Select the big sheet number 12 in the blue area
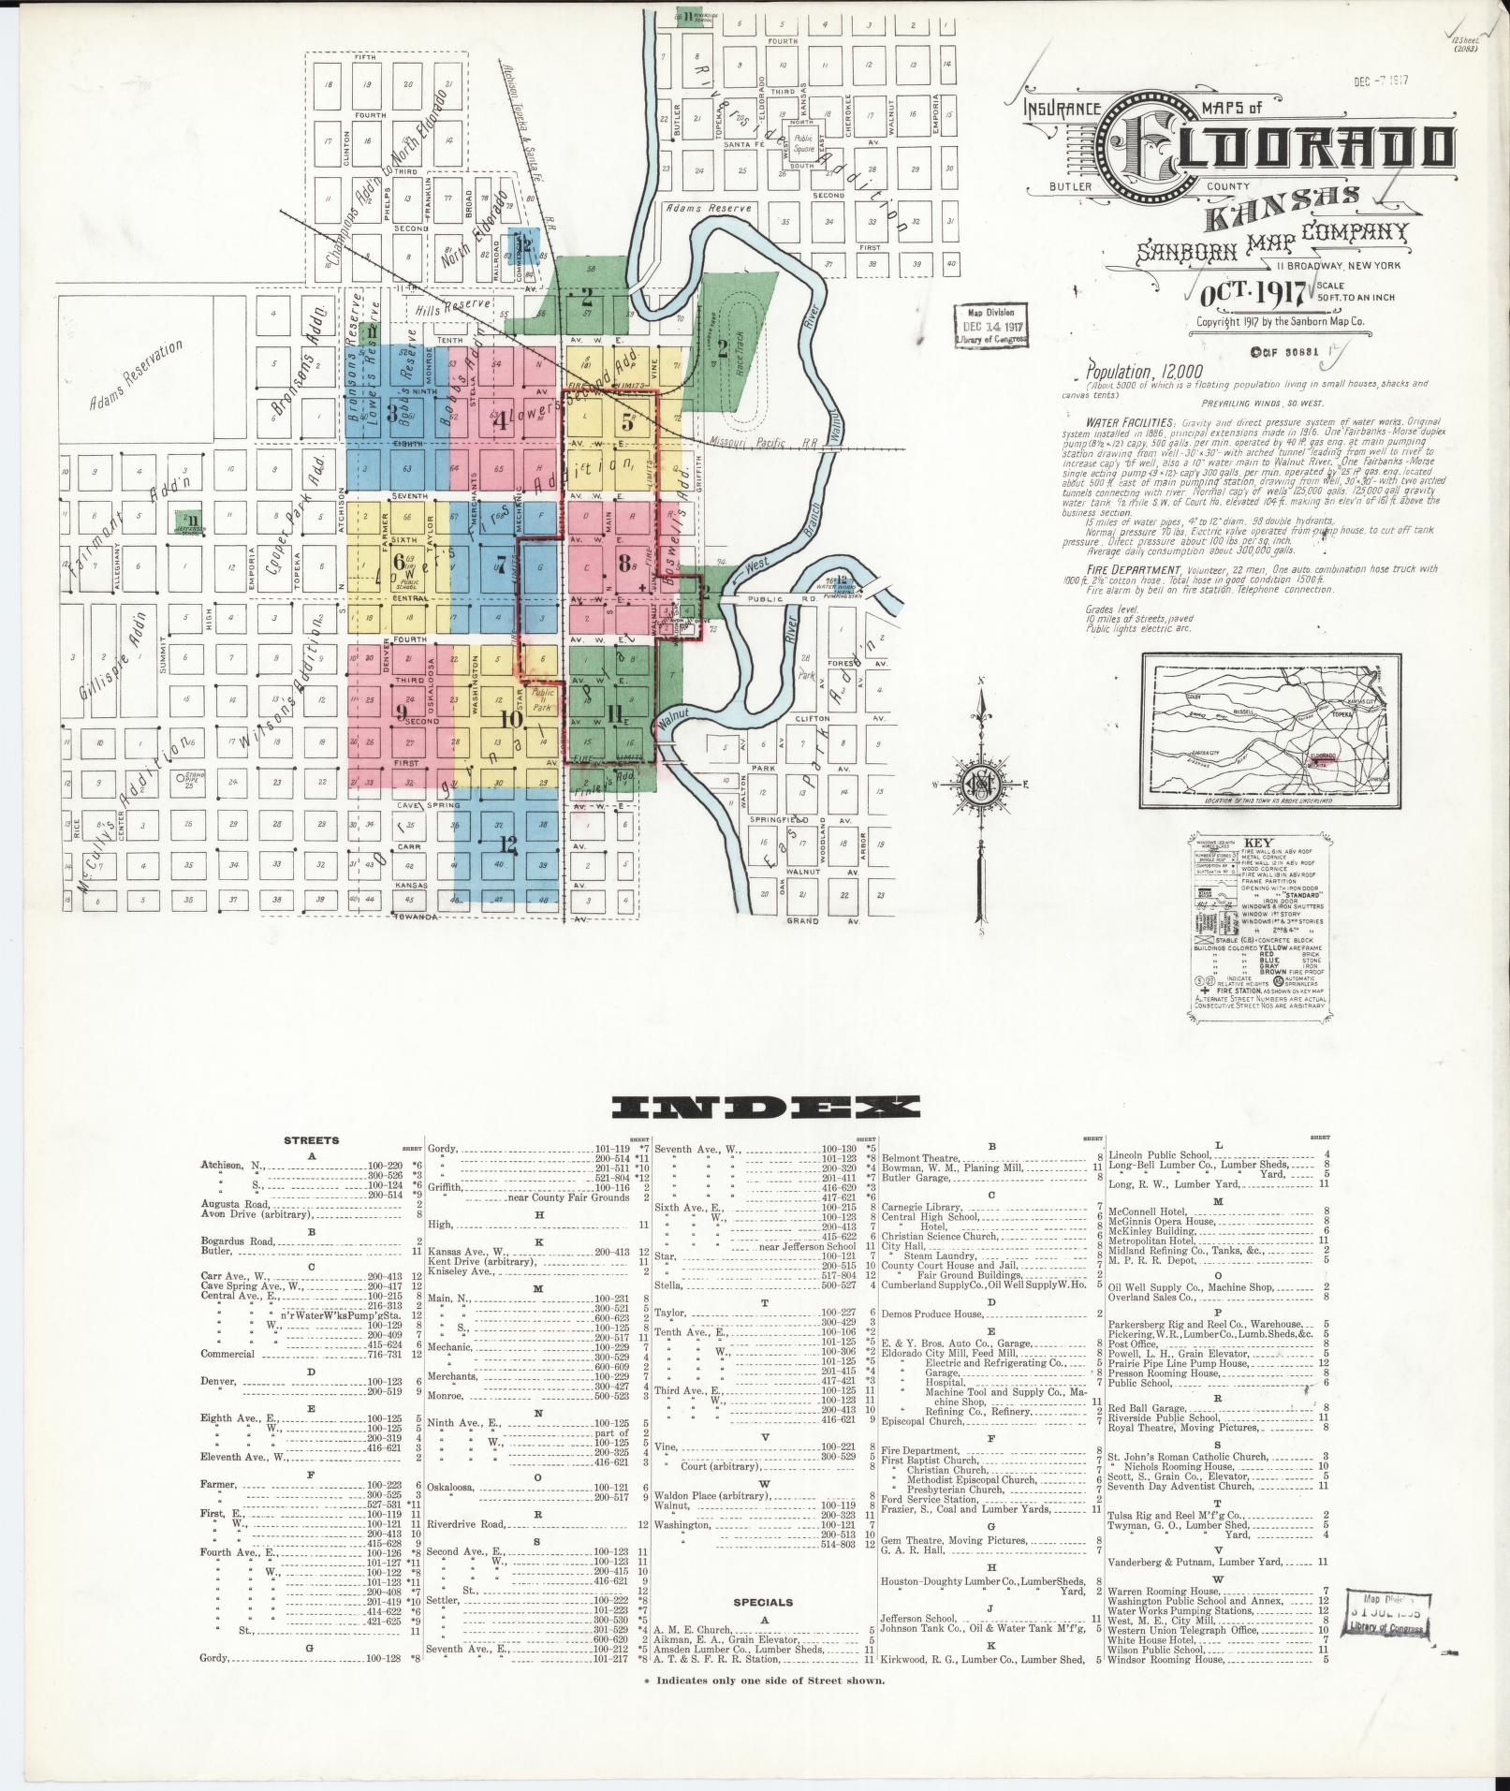click(x=508, y=844)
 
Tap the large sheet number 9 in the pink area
click(x=401, y=712)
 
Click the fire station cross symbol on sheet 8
click(x=640, y=587)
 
